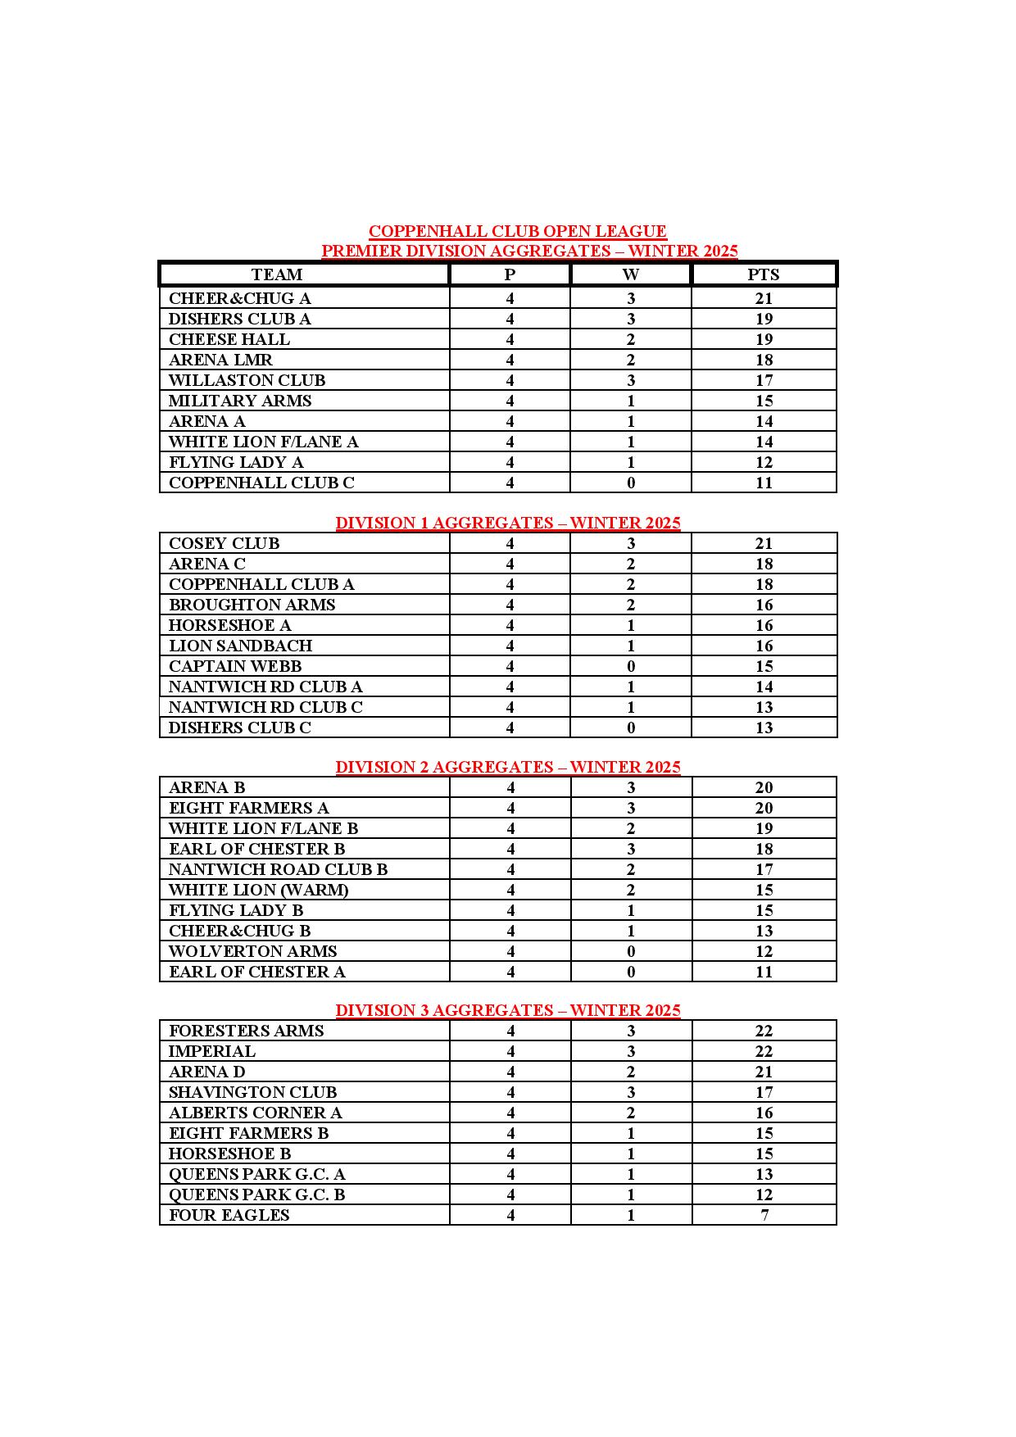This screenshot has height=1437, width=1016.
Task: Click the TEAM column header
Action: coord(277,274)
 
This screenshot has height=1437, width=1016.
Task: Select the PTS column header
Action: coord(763,274)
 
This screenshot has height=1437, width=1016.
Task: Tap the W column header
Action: coord(630,274)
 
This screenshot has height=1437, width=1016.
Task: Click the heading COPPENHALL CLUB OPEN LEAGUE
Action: coord(517,232)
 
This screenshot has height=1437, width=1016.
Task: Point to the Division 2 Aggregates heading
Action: coord(508,767)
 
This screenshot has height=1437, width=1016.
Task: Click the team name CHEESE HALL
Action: coord(229,339)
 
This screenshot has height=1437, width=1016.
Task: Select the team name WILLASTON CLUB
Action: coord(247,380)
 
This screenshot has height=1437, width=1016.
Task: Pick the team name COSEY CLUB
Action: coord(224,543)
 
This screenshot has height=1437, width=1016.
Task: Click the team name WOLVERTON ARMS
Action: coord(252,951)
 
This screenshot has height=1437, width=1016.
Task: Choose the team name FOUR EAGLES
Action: coord(229,1215)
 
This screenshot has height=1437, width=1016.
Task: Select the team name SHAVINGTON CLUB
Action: coord(252,1092)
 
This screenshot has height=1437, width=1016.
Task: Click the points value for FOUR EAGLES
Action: coord(764,1215)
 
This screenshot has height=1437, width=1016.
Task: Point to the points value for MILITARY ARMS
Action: coord(764,401)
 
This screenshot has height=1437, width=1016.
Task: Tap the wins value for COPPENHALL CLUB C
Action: coord(631,483)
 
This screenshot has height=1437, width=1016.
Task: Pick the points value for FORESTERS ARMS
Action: coord(764,1031)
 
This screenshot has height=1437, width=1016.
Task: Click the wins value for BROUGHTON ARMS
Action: coord(631,605)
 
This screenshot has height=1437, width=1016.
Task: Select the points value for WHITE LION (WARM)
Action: coord(764,890)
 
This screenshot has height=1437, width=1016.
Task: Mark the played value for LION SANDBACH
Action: coord(510,646)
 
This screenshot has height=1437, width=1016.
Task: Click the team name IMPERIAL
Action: coord(212,1051)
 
